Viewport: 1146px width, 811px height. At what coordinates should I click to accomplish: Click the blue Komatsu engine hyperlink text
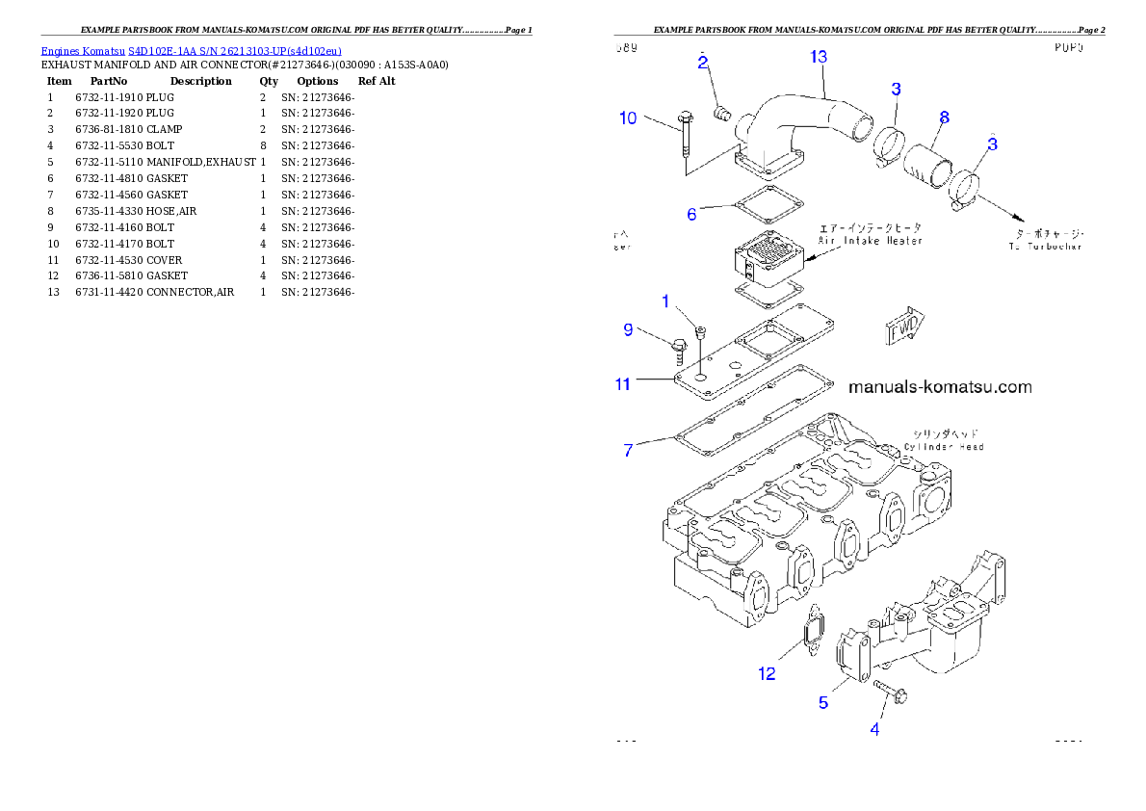[191, 51]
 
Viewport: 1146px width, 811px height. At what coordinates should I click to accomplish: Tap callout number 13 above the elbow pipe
[818, 57]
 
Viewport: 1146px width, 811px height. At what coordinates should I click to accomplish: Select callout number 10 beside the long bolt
[628, 118]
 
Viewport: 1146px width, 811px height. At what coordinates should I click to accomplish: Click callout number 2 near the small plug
[704, 63]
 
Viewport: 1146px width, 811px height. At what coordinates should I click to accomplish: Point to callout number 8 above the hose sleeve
[944, 118]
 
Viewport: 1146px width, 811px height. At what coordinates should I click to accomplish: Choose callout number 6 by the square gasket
[691, 214]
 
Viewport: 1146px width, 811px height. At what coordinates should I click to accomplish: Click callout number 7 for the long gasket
[628, 450]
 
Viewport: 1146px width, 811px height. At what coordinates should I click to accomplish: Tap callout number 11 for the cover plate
[623, 384]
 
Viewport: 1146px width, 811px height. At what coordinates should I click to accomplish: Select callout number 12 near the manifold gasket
[767, 673]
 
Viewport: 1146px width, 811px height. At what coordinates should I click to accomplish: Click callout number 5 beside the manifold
[823, 703]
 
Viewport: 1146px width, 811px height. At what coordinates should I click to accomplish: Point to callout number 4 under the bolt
[874, 729]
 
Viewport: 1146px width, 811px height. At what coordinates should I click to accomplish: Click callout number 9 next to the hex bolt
[628, 330]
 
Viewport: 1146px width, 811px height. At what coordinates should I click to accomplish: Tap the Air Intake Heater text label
[871, 240]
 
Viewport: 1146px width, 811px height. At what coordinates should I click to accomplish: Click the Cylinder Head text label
[943, 447]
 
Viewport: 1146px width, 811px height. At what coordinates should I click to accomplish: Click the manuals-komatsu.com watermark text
[939, 387]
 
